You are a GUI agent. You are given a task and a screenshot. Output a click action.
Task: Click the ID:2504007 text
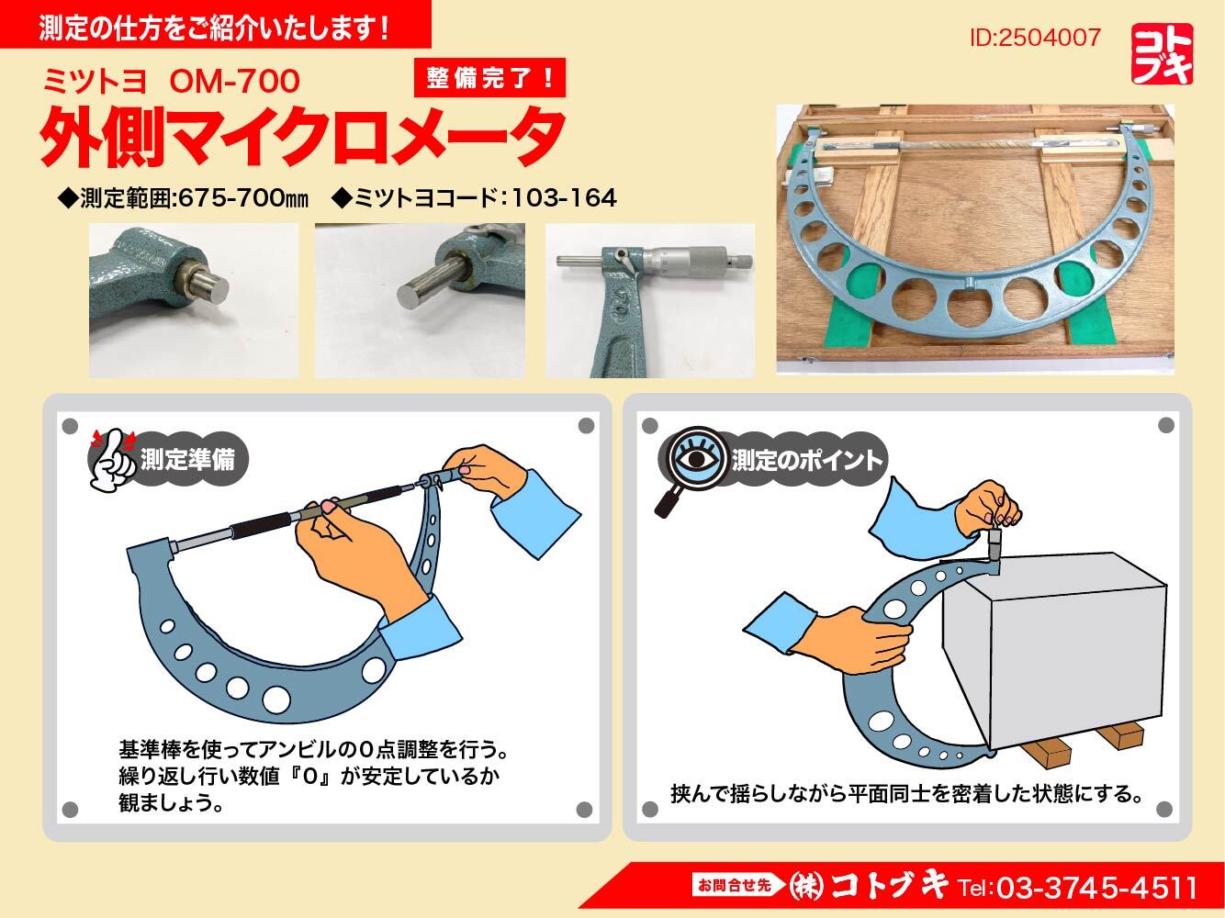[1035, 38]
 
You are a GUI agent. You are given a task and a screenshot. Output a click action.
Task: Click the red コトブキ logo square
[1162, 54]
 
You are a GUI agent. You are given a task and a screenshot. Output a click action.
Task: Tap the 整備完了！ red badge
[489, 77]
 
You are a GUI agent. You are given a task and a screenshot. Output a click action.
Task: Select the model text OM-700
[234, 82]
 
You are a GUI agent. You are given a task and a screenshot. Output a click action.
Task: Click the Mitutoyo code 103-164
[563, 198]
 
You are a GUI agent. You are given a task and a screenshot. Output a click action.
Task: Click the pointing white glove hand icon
[112, 460]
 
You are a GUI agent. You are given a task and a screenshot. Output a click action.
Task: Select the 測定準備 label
[187, 460]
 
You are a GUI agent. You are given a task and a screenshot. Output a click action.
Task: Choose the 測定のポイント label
[806, 461]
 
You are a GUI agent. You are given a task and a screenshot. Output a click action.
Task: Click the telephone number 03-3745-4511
[1097, 888]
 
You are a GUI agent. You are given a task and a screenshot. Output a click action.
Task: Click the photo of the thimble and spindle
[649, 300]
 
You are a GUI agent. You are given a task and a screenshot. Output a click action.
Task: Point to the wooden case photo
[975, 240]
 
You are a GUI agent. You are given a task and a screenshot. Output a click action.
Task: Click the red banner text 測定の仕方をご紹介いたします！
[214, 28]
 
